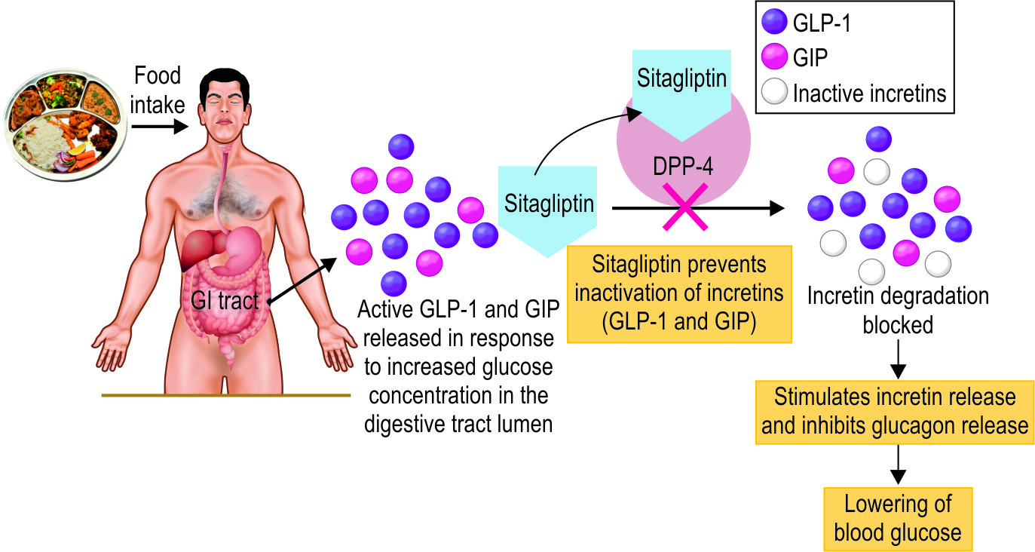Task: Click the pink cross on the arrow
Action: point(684,209)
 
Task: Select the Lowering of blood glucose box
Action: point(897,518)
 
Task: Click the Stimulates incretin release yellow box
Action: point(894,411)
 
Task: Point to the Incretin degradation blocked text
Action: point(897,310)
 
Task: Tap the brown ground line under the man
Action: point(226,394)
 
